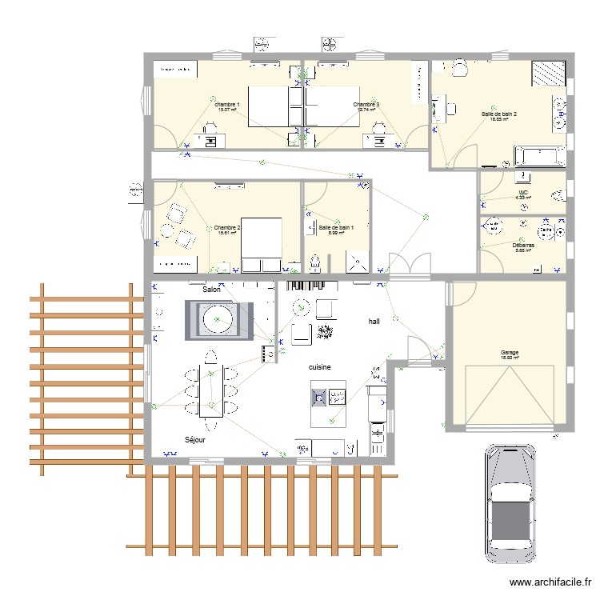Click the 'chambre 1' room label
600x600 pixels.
click(x=226, y=105)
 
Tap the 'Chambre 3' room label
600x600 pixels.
click(x=366, y=105)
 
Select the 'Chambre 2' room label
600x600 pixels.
click(x=226, y=228)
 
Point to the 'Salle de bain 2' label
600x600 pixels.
click(x=499, y=114)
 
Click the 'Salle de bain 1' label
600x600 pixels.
click(x=336, y=228)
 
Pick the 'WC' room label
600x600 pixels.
click(x=523, y=193)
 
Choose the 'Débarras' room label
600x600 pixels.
click(x=524, y=246)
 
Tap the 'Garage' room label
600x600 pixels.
click(x=510, y=353)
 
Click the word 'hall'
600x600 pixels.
click(x=374, y=321)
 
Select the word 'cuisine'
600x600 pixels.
click(x=321, y=366)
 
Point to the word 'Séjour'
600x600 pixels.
click(x=195, y=440)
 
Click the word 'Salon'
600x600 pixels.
click(x=211, y=290)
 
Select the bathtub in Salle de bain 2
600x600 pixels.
click(x=540, y=155)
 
